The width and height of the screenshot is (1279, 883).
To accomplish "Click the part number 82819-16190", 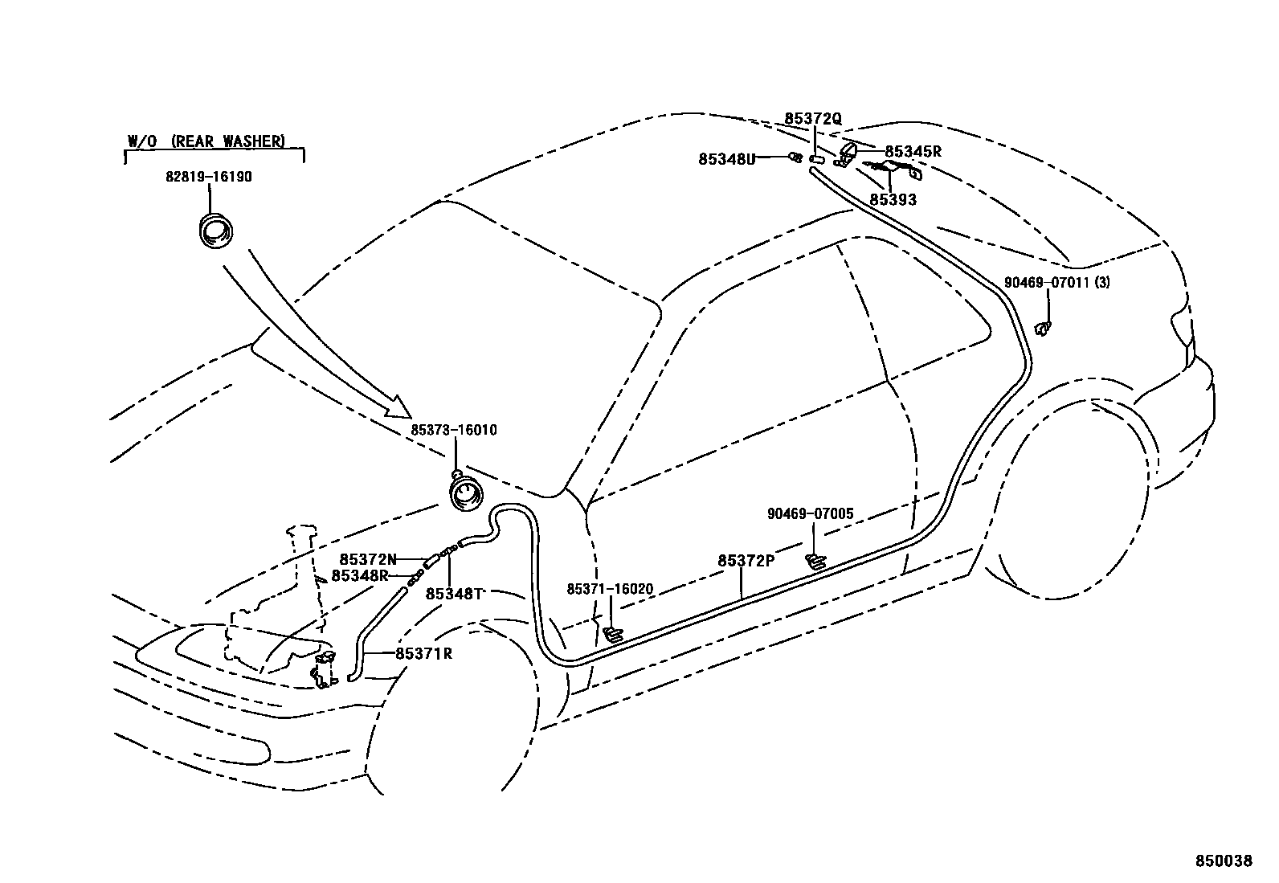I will [209, 177].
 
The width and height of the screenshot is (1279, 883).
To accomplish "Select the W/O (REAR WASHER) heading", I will [206, 141].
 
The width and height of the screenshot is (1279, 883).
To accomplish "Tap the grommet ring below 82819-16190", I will [216, 231].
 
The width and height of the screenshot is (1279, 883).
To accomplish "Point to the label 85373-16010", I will [454, 431].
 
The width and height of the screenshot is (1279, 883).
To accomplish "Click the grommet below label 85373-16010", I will [466, 492].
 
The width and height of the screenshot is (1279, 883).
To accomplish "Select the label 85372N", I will [368, 559].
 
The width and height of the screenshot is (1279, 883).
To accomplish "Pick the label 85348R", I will [360, 575].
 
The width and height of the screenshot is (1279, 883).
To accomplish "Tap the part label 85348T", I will [454, 594].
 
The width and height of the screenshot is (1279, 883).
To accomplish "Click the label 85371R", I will [423, 654].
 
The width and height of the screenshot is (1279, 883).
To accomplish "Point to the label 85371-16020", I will [610, 590].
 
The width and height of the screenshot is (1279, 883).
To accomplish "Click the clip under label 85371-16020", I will [612, 635].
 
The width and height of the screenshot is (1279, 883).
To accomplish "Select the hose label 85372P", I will [746, 561].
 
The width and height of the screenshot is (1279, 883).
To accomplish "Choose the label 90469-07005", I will [810, 514].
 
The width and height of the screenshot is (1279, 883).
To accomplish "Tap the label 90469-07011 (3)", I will [1057, 283].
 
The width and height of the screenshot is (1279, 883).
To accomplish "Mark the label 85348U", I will [727, 159].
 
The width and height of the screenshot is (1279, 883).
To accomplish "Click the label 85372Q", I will [813, 119].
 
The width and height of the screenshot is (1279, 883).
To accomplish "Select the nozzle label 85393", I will [893, 199].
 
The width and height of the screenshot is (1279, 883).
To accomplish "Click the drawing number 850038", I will [1224, 861].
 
